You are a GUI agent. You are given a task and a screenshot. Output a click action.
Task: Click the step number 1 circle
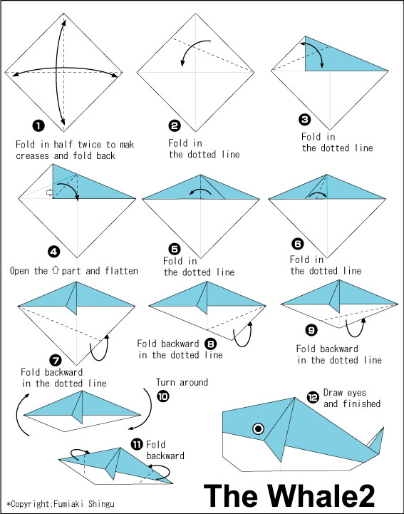click(38, 125)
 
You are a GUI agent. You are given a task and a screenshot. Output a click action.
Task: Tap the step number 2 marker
click(175, 125)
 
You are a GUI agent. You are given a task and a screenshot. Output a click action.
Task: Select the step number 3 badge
click(305, 119)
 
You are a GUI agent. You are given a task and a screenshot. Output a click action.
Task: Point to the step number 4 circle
click(53, 252)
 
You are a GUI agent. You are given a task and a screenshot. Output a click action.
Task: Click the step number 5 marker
click(175, 249)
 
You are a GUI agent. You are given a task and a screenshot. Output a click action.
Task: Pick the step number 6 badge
click(298, 244)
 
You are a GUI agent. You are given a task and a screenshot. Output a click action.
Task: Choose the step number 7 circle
click(56, 361)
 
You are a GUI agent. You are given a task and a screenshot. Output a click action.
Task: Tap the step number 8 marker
click(211, 344)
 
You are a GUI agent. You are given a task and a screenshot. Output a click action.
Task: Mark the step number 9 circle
click(311, 330)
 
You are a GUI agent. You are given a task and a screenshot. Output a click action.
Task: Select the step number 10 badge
click(163, 396)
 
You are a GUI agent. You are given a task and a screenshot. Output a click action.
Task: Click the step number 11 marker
click(137, 445)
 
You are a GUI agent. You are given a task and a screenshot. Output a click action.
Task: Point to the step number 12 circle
click(313, 398)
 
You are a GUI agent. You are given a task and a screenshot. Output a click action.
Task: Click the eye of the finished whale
click(259, 428)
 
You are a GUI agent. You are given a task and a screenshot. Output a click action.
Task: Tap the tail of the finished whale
click(377, 441)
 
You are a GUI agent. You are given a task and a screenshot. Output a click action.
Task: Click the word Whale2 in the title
click(322, 495)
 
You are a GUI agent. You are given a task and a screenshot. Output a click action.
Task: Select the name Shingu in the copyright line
click(101, 504)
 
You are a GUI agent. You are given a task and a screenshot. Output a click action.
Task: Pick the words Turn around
click(182, 382)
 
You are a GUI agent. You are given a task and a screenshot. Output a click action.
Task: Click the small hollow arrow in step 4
click(49, 192)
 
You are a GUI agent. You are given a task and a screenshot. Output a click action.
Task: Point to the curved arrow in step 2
click(191, 50)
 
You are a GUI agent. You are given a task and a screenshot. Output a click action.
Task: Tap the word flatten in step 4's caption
click(122, 271)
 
